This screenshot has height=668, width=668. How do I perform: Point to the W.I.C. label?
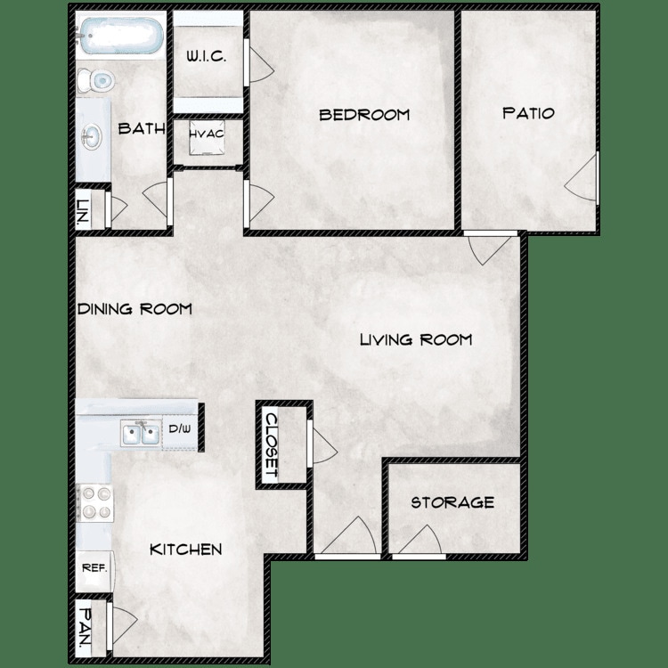(x=207, y=57)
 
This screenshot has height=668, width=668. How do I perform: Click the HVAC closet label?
(x=206, y=134)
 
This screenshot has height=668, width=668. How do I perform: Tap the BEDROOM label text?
(x=364, y=114)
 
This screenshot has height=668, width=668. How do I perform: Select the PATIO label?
(x=528, y=113)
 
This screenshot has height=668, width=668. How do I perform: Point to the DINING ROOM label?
(x=134, y=309)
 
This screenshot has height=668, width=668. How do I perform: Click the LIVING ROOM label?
(x=415, y=339)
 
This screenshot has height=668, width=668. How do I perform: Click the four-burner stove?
(x=94, y=502)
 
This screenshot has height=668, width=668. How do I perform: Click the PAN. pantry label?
(x=84, y=627)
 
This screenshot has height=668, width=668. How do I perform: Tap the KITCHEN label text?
(x=185, y=550)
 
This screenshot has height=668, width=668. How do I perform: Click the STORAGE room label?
(x=452, y=502)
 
